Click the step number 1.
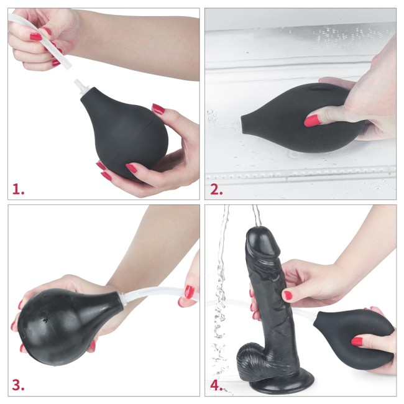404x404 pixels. pos(18,188)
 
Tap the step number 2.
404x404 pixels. pos(216,188)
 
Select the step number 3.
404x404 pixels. pos(18,385)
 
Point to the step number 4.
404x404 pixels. pos(216,385)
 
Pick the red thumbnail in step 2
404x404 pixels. pos(313,119)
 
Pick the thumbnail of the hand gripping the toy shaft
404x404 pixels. pos(287,295)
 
